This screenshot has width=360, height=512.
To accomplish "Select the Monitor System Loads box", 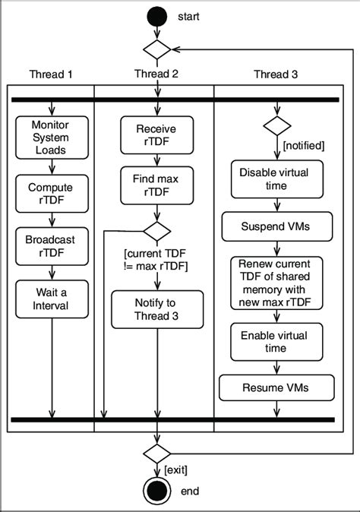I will coord(52,137).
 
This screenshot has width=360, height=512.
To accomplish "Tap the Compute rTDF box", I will coord(52,194).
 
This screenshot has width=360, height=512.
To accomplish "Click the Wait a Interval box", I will coord(52,299).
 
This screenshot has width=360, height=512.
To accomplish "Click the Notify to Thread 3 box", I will coord(156,310).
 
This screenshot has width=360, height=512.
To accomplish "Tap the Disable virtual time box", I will coord(275,180).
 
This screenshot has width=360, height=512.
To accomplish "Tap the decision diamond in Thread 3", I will coord(276,124).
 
